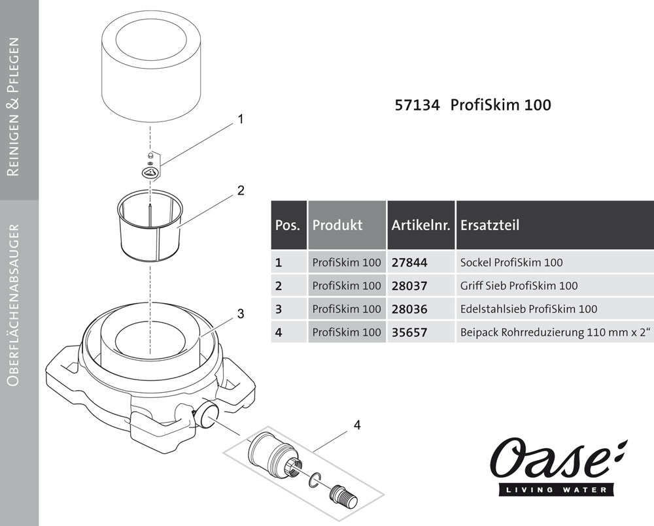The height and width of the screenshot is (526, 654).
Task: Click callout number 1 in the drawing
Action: click(241, 120)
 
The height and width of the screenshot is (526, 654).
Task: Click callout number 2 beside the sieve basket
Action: click(241, 191)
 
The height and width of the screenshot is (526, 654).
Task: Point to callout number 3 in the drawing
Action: click(241, 314)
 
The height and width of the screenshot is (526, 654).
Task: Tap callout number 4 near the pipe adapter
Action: click(356, 425)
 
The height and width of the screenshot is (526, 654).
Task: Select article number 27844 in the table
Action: click(409, 263)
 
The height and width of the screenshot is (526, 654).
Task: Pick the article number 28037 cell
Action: click(409, 286)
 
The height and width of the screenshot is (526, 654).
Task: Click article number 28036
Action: click(409, 309)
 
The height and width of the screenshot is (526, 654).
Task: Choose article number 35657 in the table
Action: click(409, 332)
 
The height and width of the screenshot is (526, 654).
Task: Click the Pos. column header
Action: click(288, 225)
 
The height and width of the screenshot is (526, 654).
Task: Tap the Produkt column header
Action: click(337, 225)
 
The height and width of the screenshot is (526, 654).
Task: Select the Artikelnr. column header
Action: click(421, 225)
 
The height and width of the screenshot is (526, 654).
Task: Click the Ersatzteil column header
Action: click(490, 225)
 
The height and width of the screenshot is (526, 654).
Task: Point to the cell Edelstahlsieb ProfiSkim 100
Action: click(528, 309)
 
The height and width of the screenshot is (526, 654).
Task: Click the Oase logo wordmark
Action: click(553, 461)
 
